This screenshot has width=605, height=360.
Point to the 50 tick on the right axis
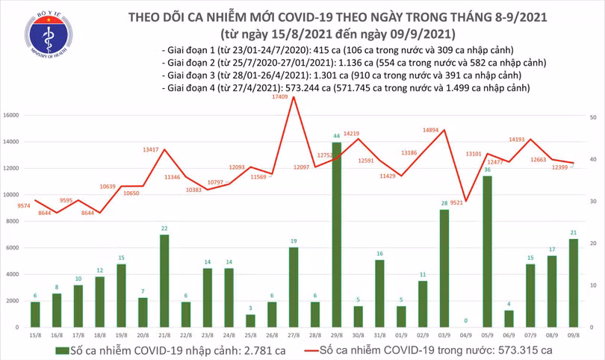coord(592,118)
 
